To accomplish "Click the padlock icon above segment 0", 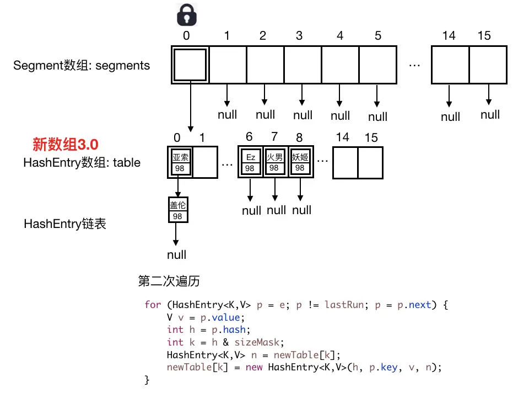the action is [x=187, y=15].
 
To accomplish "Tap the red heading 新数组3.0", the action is [x=66, y=145].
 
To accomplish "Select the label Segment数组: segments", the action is [x=82, y=65].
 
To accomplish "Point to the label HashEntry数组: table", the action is [x=82, y=162].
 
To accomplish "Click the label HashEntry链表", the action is [x=65, y=224].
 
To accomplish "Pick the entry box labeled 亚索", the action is [x=180, y=162].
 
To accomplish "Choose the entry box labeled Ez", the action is [x=250, y=162].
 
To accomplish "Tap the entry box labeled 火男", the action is [x=274, y=162].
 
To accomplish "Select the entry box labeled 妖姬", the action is [x=300, y=162].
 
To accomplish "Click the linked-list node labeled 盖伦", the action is [x=178, y=210].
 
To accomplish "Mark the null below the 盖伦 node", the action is [x=176, y=255].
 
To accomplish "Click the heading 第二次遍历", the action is [x=169, y=281].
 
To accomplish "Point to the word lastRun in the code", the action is [x=344, y=305].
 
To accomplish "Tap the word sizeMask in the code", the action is [x=257, y=342].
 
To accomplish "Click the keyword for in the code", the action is [x=153, y=305].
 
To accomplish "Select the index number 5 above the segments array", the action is [x=378, y=35].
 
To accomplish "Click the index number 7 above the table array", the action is [x=274, y=136].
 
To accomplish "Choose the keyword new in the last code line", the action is [x=253, y=367].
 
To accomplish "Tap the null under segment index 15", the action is [x=490, y=115].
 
